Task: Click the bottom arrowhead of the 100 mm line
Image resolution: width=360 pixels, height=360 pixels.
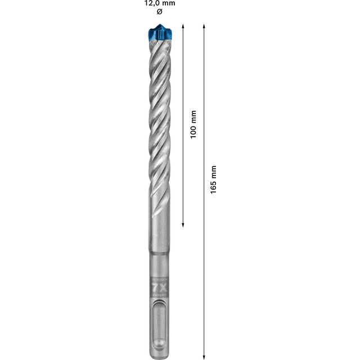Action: click(184, 224)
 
